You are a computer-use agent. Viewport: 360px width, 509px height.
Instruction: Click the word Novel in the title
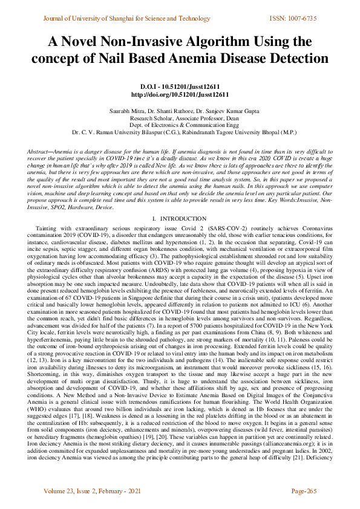point(87,42)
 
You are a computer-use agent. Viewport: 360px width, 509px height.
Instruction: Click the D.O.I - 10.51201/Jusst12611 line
point(180,87)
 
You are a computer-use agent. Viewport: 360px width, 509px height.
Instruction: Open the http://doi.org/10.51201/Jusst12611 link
point(180,95)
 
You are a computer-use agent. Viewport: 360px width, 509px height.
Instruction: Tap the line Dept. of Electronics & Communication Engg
point(180,125)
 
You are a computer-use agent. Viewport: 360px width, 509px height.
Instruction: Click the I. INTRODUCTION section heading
point(180,201)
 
